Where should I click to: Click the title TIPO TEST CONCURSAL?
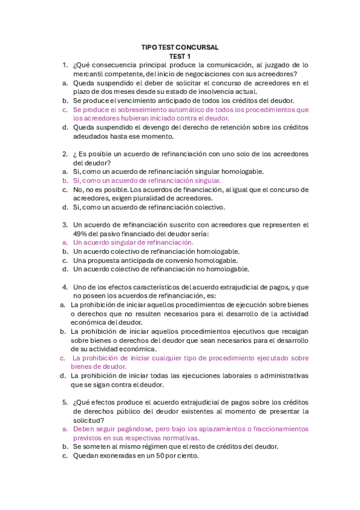tap(180, 47)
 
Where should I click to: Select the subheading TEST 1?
tap(180, 56)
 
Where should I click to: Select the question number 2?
tap(64, 154)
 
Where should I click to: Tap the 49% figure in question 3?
tap(80, 233)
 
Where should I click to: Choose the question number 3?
tap(64, 224)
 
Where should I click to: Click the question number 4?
tap(64, 287)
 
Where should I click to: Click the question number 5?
tap(64, 402)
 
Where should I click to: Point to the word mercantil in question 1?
tap(89, 74)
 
